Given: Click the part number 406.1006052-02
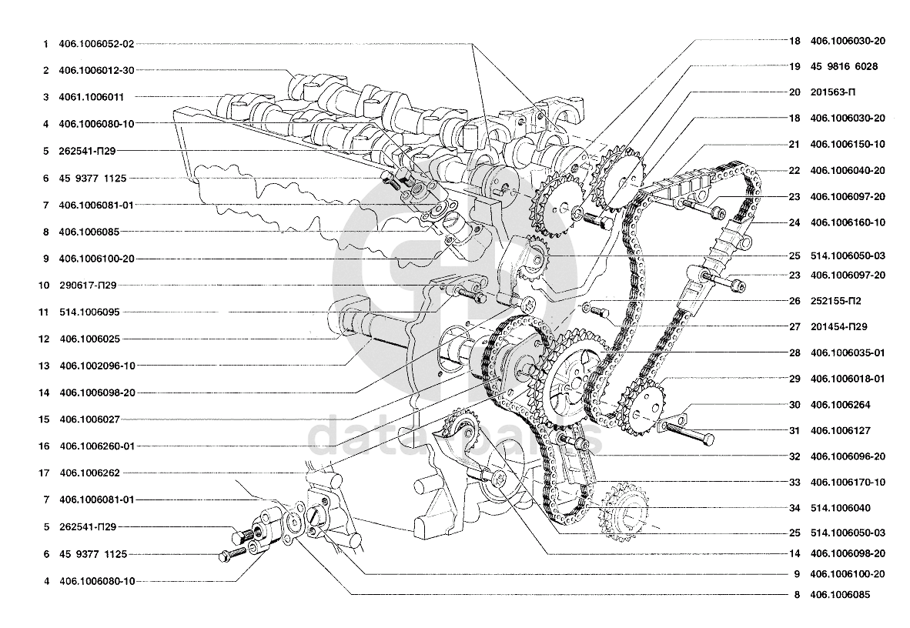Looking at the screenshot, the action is [x=96, y=44].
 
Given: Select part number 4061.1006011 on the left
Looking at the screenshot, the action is [x=91, y=97].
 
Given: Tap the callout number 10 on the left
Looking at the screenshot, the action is [x=44, y=285].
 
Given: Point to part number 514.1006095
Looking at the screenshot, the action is [x=89, y=312].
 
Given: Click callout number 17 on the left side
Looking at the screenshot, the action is [x=44, y=473].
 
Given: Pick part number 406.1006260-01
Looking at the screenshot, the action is [x=97, y=446].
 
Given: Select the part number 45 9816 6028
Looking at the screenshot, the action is [x=844, y=66].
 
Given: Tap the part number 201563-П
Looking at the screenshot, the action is [x=833, y=92].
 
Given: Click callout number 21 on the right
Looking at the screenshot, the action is [x=794, y=144].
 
